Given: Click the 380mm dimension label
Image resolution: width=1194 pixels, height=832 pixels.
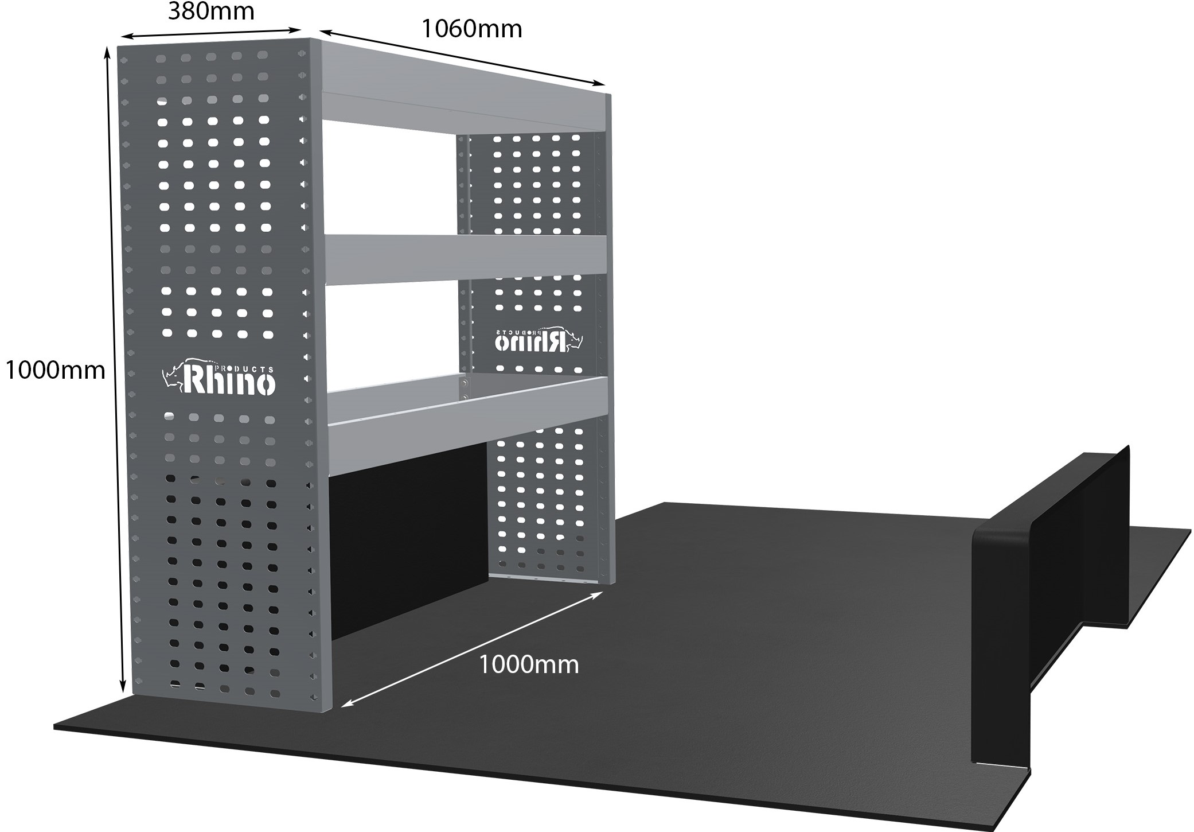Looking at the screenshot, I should click(x=211, y=11).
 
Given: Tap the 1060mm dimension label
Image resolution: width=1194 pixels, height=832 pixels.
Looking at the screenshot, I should click(x=472, y=29).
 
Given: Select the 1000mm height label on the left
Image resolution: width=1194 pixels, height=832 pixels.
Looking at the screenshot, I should click(x=55, y=371).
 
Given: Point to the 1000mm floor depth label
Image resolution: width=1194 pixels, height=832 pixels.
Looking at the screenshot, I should click(x=529, y=665).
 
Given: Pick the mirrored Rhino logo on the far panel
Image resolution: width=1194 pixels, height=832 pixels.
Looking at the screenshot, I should click(x=538, y=340).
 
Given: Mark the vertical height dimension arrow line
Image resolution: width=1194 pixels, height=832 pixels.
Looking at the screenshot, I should click(x=115, y=367).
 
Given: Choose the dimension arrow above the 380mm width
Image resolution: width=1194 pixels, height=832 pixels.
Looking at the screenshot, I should click(x=211, y=33).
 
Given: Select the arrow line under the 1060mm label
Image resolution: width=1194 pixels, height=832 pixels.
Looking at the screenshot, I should click(x=462, y=57).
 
